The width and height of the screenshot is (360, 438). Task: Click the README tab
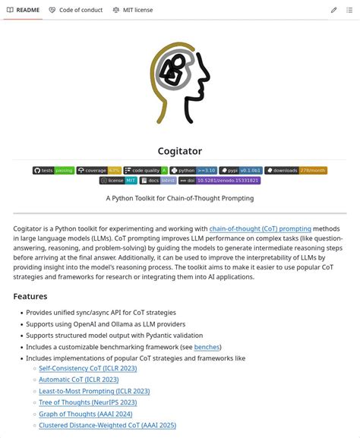point(24,10)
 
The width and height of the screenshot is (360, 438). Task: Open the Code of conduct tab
point(75,10)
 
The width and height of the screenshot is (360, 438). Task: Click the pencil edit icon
point(333,10)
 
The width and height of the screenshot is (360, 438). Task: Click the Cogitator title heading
point(179,151)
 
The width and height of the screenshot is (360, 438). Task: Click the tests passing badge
point(53,171)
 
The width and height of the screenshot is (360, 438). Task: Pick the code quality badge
point(146,171)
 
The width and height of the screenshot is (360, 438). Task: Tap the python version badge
point(194,171)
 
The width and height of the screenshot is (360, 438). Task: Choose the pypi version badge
point(241,171)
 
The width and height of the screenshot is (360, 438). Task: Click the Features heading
point(30,296)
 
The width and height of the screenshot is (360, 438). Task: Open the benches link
point(207,347)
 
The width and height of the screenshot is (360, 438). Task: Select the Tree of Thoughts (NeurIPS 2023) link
point(88,402)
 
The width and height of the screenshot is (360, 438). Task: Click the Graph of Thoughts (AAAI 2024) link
point(86,414)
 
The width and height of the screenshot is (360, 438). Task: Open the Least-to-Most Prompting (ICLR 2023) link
point(94,391)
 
